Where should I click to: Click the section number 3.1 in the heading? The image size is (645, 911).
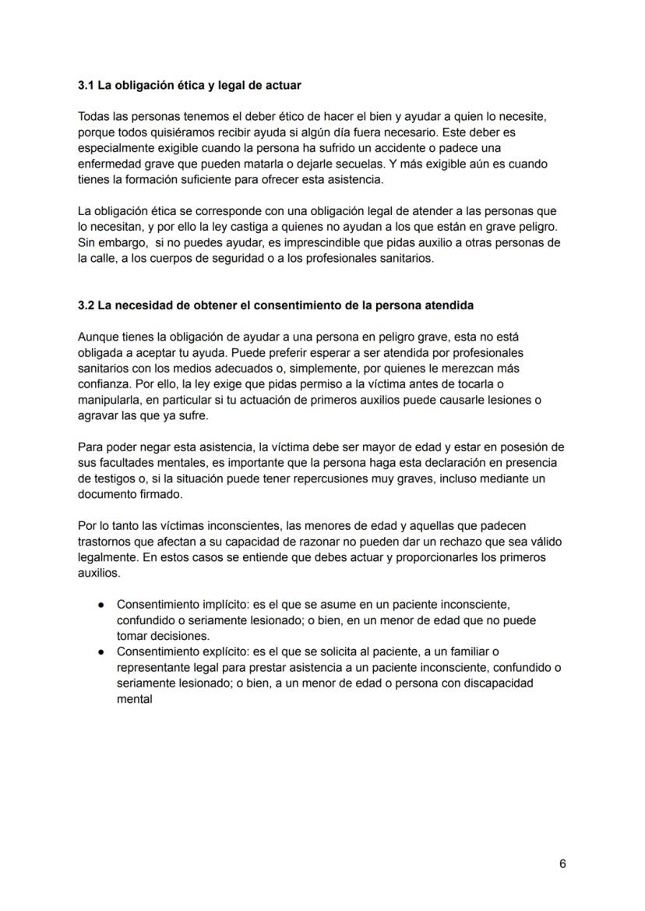click(86, 84)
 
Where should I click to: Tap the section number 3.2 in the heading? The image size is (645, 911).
click(86, 305)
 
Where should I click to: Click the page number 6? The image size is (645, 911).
click(562, 863)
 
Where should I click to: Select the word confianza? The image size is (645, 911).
click(104, 384)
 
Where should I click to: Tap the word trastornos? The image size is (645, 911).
click(105, 542)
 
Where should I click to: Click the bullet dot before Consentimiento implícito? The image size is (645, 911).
click(101, 605)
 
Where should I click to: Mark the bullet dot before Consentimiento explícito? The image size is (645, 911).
click(101, 652)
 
